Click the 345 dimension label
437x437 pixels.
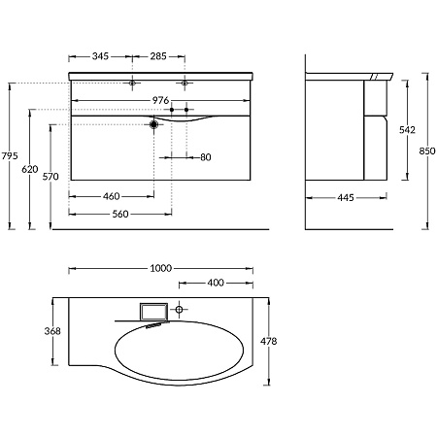(100, 56)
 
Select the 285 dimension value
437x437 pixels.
(158, 56)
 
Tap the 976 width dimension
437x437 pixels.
(160, 100)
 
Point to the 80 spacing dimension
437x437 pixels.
(206, 157)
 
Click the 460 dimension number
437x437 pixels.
(112, 196)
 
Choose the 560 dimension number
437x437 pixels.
(120, 214)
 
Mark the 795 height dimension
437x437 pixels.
(10, 156)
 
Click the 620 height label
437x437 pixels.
(30, 169)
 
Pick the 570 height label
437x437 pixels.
(50, 177)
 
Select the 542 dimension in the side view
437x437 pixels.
(407, 130)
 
